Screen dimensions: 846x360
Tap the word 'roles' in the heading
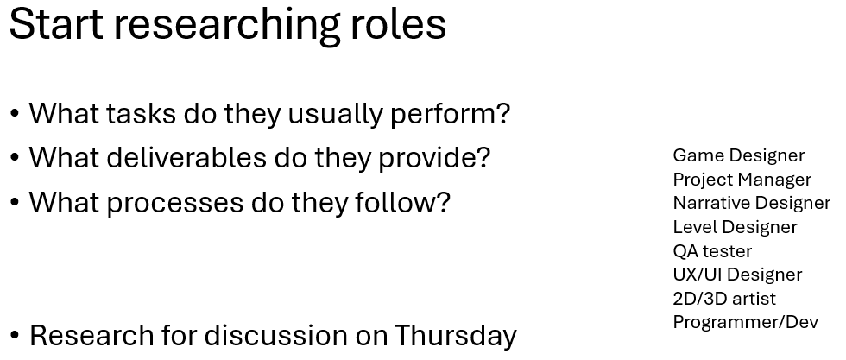click(x=399, y=23)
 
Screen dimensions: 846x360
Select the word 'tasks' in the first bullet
click(x=141, y=114)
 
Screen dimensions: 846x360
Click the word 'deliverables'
click(x=186, y=158)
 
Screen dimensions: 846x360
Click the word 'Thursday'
click(x=456, y=336)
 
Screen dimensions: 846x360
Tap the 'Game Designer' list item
click(x=739, y=156)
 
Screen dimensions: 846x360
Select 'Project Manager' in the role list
click(x=742, y=180)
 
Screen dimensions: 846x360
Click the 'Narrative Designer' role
click(x=752, y=203)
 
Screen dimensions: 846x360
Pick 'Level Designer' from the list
click(x=735, y=227)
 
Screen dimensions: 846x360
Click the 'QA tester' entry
click(x=712, y=251)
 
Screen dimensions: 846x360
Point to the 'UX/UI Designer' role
click(x=737, y=275)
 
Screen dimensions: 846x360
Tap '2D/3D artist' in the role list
click(x=724, y=299)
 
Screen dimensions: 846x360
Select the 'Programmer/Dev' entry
click(x=746, y=322)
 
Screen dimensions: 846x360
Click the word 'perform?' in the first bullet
click(x=450, y=115)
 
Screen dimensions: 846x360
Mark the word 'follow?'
click(x=402, y=203)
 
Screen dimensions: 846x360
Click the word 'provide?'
click(x=433, y=159)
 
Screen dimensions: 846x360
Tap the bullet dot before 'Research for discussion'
click(x=15, y=336)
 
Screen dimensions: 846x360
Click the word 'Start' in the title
click(x=56, y=24)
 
